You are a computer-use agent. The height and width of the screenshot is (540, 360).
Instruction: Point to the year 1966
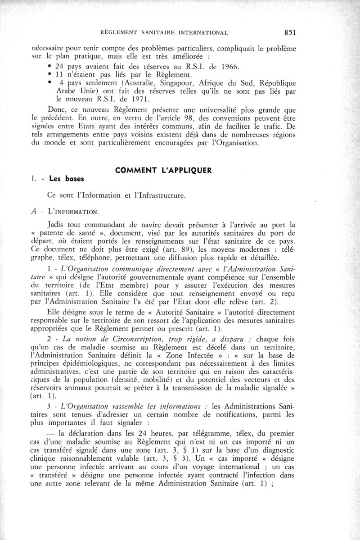point(226,67)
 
